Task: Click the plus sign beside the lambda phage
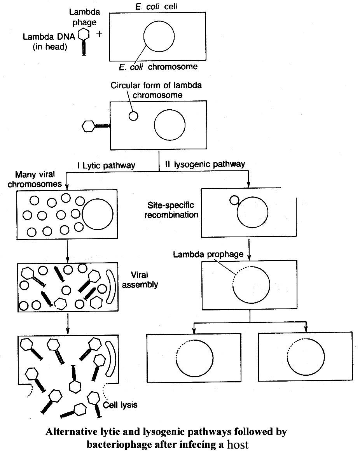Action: coord(100,34)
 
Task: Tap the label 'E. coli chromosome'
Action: coord(158,67)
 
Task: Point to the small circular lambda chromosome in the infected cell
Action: coord(133,116)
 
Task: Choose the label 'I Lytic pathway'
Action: coord(106,165)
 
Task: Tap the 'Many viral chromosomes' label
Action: coord(39,179)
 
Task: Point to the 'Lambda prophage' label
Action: coord(208,255)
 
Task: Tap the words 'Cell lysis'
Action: coord(120,405)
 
